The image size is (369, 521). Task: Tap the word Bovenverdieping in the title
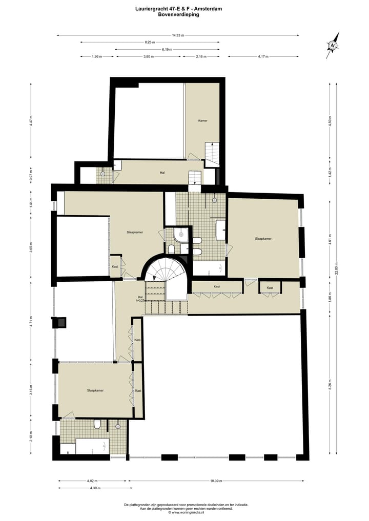pyautogui.click(x=178, y=15)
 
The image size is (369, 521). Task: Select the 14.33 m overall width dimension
pyautogui.click(x=178, y=35)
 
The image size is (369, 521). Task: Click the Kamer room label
pyautogui.click(x=202, y=121)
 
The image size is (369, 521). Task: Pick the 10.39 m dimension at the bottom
pyautogui.click(x=216, y=481)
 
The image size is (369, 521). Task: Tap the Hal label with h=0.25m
pyautogui.click(x=140, y=298)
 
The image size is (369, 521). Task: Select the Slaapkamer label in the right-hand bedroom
pyautogui.click(x=263, y=239)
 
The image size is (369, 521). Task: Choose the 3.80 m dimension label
pyautogui.click(x=148, y=57)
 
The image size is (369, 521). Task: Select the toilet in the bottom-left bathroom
pyautogui.click(x=97, y=425)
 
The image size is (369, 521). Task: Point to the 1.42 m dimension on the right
pyautogui.click(x=331, y=173)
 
